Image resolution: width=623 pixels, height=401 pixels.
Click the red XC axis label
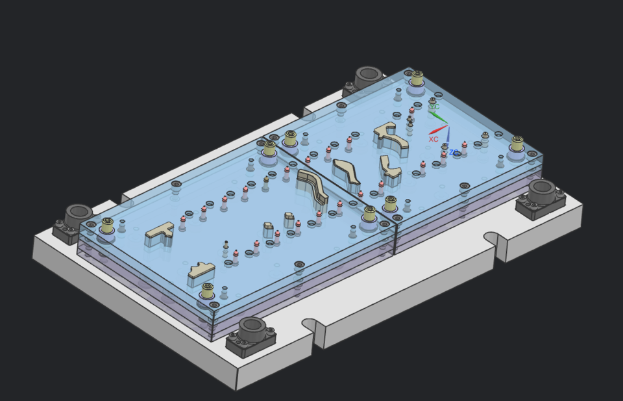[x=434, y=139]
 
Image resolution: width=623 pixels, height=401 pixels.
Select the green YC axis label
[x=435, y=107]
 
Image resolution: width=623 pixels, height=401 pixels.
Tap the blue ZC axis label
[x=454, y=153]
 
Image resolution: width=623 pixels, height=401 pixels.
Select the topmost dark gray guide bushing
[x=367, y=77]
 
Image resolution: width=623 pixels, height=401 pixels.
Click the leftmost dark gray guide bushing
[x=78, y=214]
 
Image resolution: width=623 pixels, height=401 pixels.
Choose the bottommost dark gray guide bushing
[x=251, y=329]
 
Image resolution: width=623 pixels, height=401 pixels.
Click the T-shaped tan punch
[x=160, y=233]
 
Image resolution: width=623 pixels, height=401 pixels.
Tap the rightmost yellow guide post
[x=517, y=144]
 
